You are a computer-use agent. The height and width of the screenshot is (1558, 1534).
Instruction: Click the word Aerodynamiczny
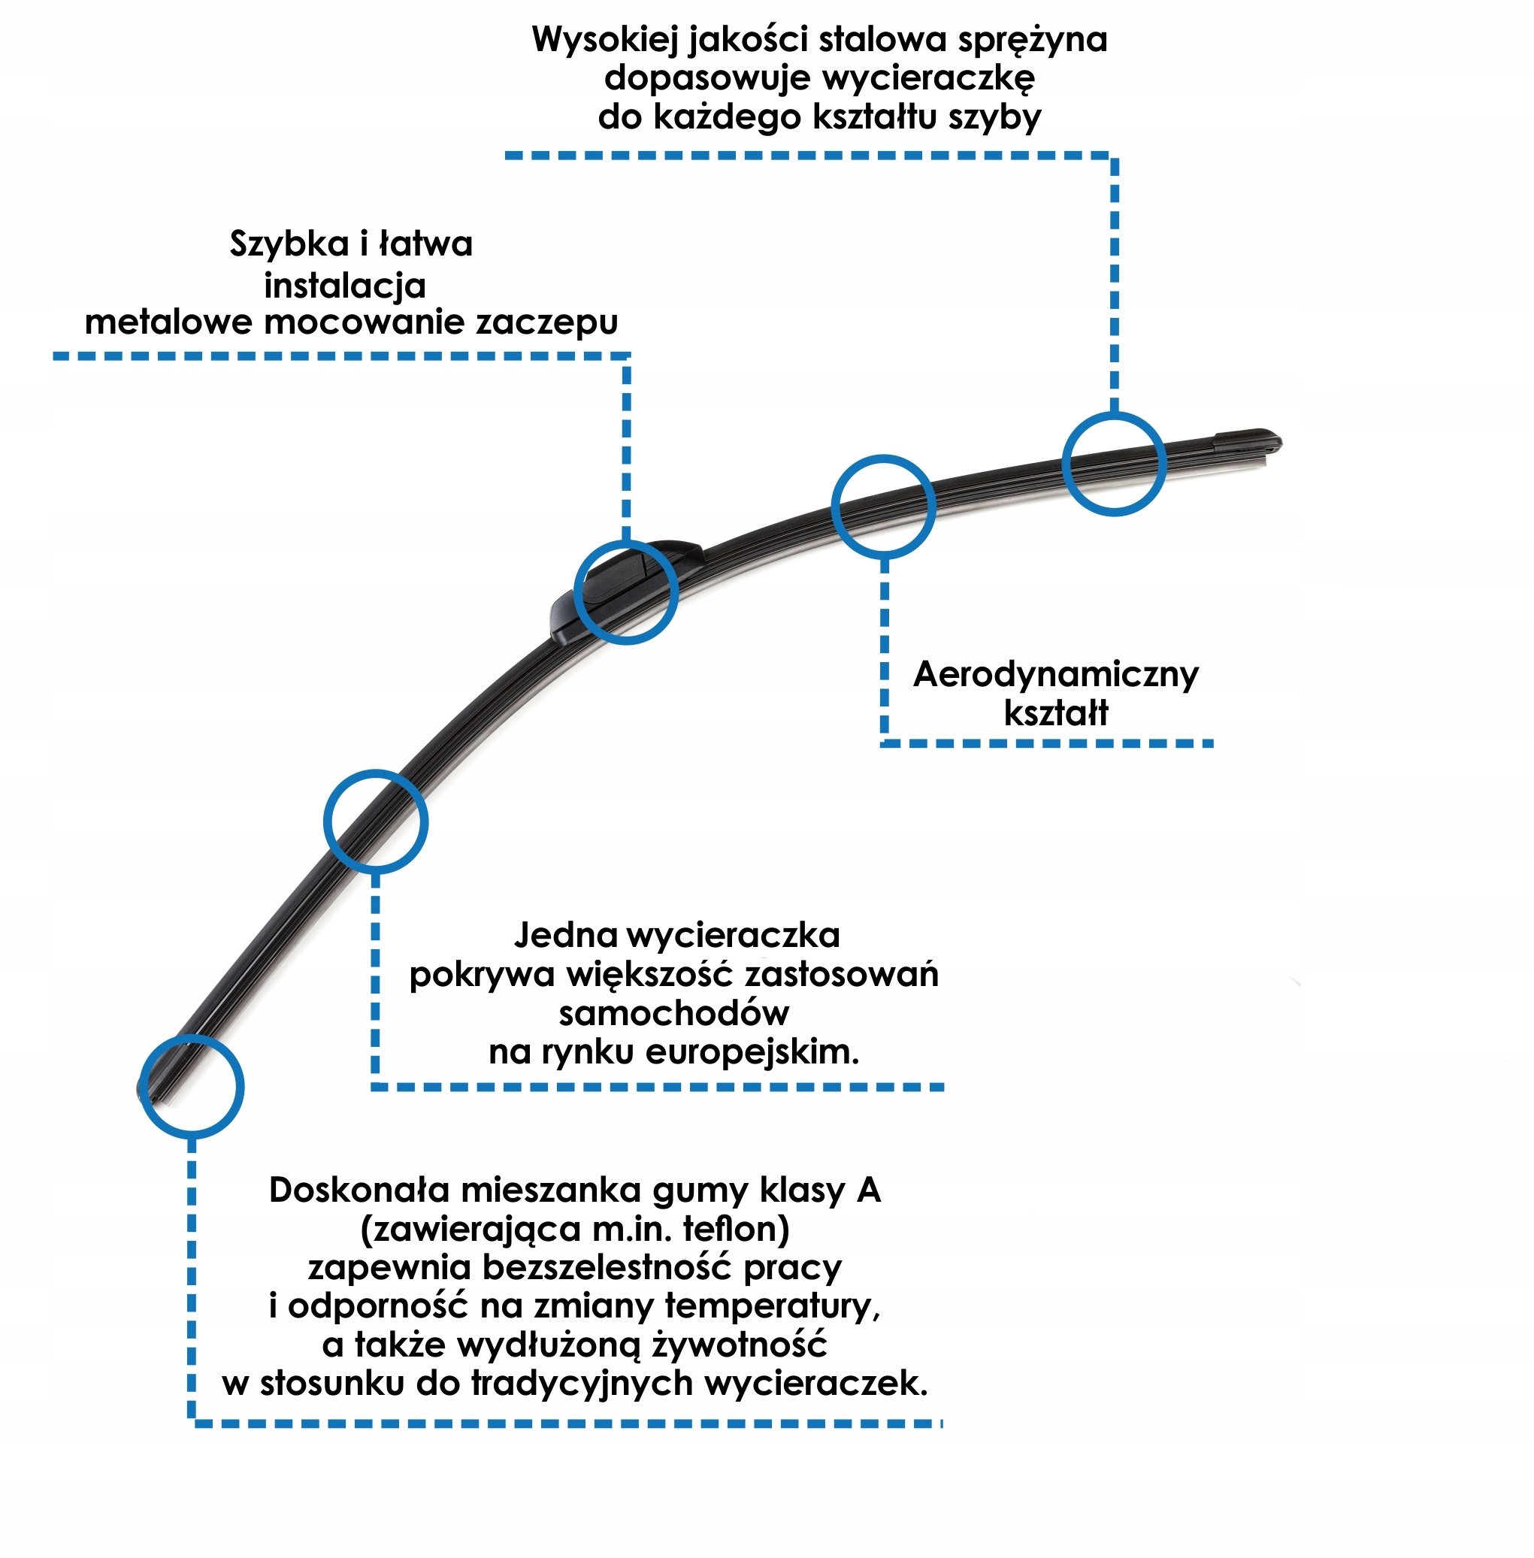click(1055, 675)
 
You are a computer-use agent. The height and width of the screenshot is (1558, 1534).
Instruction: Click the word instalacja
click(345, 285)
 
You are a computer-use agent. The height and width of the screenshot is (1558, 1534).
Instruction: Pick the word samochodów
click(673, 1012)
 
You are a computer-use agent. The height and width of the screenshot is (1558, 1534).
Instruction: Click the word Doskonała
click(359, 1190)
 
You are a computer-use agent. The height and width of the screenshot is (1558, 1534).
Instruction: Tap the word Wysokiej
click(604, 40)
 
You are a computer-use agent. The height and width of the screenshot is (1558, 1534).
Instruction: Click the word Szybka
click(288, 244)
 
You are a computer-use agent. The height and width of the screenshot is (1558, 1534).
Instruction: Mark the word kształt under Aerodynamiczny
click(1055, 713)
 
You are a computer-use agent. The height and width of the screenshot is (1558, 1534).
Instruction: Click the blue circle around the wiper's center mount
click(626, 591)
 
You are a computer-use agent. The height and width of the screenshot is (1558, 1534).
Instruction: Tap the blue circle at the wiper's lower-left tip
click(192, 1086)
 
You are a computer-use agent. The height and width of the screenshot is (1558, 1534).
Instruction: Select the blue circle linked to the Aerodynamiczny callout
click(883, 507)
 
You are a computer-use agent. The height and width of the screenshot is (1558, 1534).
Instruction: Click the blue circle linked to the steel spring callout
click(1113, 464)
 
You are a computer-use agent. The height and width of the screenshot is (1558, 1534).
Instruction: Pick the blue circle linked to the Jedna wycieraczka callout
click(376, 821)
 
